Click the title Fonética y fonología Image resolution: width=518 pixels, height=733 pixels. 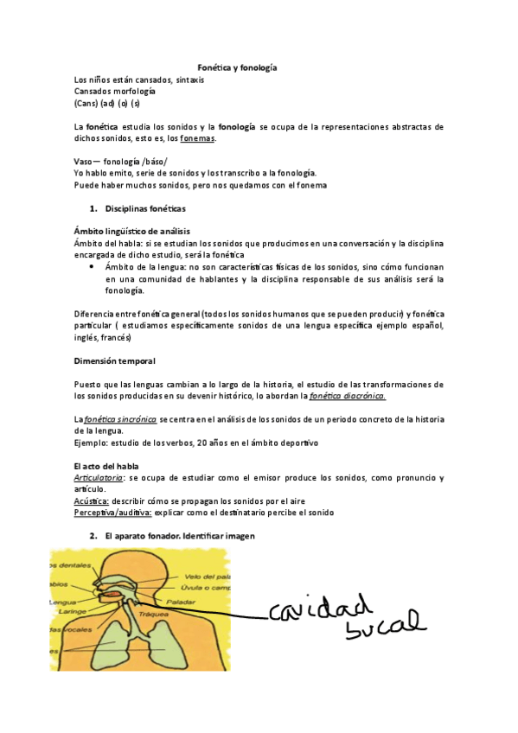tap(238, 67)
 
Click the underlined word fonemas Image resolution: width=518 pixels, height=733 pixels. tap(198, 138)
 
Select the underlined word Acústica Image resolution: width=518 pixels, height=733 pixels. tap(92, 501)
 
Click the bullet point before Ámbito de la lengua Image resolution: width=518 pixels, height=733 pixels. tap(93, 268)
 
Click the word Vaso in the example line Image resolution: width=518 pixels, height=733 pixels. tap(83, 162)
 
